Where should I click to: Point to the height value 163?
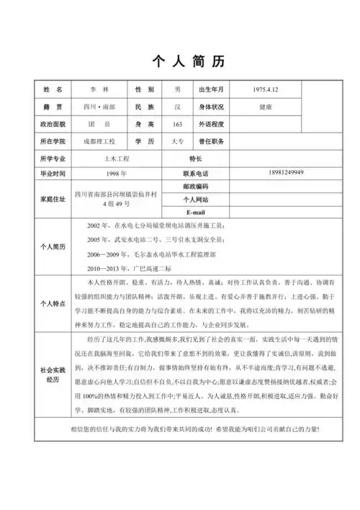point(178,124)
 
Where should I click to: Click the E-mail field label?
point(196,212)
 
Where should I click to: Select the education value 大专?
point(178,141)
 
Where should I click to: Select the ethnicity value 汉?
point(178,107)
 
